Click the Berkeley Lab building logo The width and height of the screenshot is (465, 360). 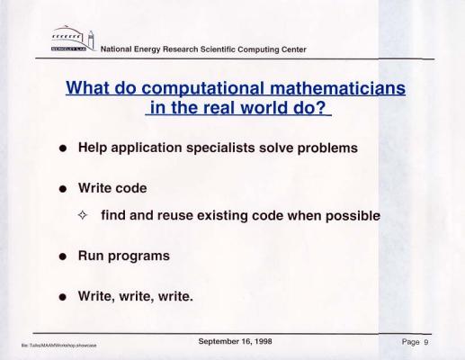coord(73,39)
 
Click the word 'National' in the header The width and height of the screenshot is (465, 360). coord(116,49)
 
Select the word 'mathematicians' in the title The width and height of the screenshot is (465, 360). coord(337,88)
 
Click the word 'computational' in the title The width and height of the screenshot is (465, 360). coord(202,89)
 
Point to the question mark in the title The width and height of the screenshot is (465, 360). coord(321,107)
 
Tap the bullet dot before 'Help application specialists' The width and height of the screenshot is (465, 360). coord(63,148)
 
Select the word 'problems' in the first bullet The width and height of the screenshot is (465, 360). coord(327,148)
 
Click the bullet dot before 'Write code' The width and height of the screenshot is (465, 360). coord(63,189)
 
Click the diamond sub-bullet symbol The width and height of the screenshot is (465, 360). coord(82,215)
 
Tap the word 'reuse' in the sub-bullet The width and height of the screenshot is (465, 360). coord(174,216)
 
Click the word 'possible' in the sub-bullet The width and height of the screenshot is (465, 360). coord(353,216)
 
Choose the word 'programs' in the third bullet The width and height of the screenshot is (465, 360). coord(139,256)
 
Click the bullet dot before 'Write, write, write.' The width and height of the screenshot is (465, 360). coord(63,297)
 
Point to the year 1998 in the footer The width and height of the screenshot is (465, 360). coord(264,341)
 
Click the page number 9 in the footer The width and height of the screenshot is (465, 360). coord(425,342)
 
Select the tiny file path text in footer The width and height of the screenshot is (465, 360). coord(58,346)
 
